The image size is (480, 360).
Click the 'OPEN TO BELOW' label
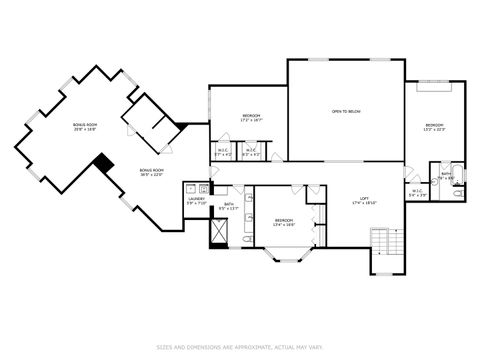point(346,110)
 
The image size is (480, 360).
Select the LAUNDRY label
point(196,200)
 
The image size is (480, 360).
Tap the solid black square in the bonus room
point(103,162)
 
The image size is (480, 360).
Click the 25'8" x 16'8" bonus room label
point(84,127)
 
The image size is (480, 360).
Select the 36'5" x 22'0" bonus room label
point(151,172)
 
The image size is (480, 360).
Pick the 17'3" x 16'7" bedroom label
point(250,118)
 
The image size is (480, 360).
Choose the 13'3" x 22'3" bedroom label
point(434,127)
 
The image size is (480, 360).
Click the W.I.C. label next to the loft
point(418,193)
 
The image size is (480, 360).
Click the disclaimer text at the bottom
point(239,347)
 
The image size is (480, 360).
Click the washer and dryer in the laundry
point(196,187)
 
